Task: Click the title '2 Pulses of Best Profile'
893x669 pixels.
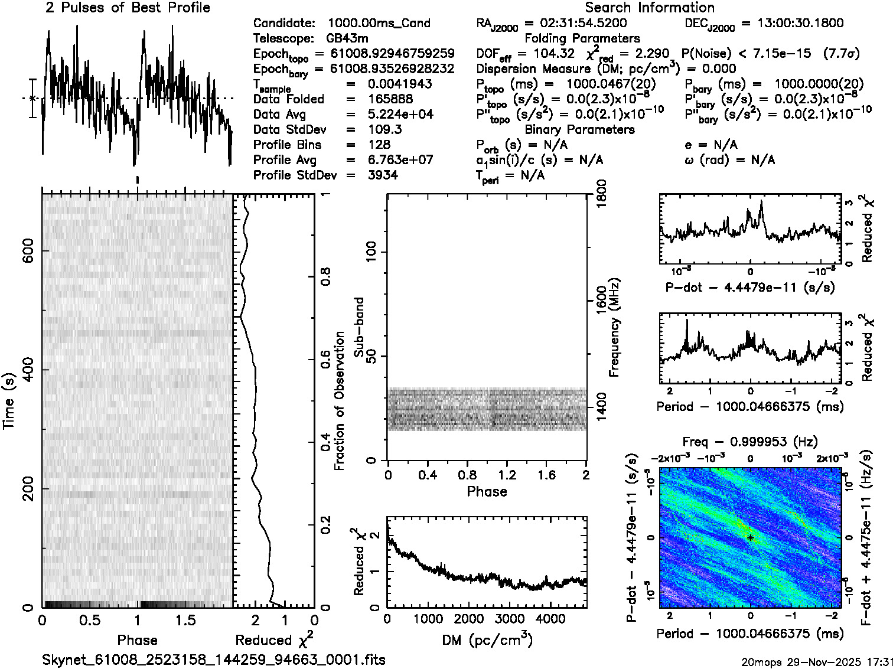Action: pyautogui.click(x=128, y=8)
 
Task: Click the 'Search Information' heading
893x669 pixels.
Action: pyautogui.click(x=650, y=8)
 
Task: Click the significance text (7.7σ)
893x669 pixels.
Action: pyautogui.click(x=843, y=54)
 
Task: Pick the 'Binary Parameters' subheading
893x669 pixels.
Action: pyautogui.click(x=579, y=129)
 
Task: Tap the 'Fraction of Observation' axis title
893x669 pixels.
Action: pyautogui.click(x=339, y=401)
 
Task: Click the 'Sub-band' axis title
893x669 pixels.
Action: pyautogui.click(x=358, y=327)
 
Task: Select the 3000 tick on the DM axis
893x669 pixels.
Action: pyautogui.click(x=505, y=619)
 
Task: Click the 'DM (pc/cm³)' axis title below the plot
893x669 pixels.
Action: pyautogui.click(x=487, y=639)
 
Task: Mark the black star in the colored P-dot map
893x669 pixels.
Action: pyautogui.click(x=750, y=538)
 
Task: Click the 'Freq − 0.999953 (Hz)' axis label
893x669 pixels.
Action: pyautogui.click(x=750, y=442)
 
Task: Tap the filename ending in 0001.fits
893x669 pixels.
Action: pyautogui.click(x=214, y=660)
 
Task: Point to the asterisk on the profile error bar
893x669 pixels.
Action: pyautogui.click(x=33, y=99)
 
